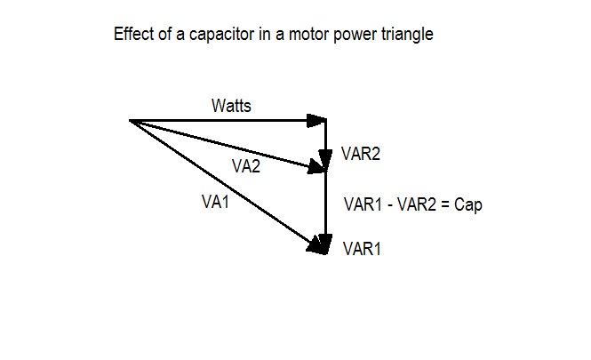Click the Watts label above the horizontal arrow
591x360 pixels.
pos(231,106)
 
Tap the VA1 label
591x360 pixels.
pos(216,202)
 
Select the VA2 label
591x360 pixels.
pos(246,166)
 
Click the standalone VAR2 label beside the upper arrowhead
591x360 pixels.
pos(361,154)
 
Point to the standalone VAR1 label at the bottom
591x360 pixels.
pos(362,249)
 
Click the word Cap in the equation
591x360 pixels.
pos(467,205)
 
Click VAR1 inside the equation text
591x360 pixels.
pos(363,205)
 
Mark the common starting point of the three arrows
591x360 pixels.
pos(131,120)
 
